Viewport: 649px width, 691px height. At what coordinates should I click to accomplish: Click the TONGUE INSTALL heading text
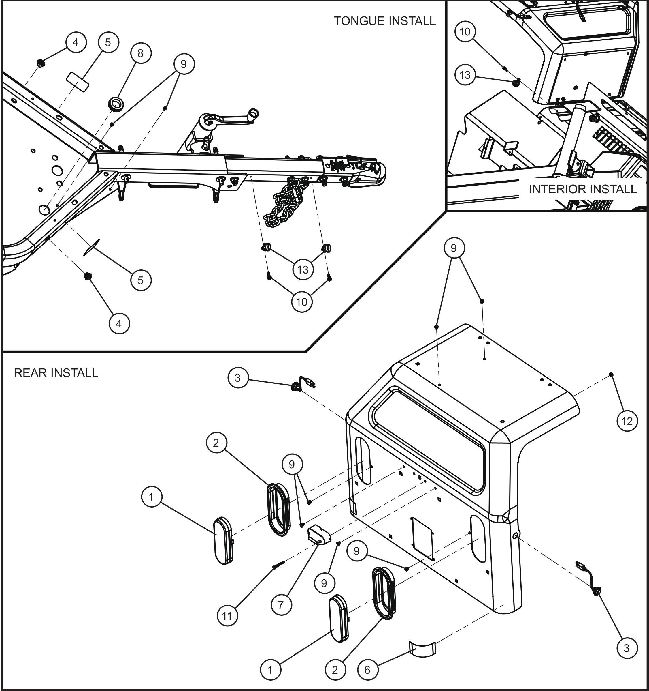[384, 21]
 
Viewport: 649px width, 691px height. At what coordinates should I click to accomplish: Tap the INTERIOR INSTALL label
[583, 189]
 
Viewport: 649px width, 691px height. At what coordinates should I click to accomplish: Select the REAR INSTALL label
[56, 373]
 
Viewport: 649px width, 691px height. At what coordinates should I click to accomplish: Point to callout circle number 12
[627, 421]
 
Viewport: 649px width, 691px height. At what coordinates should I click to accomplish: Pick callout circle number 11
[227, 616]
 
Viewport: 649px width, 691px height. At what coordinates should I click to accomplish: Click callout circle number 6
[367, 670]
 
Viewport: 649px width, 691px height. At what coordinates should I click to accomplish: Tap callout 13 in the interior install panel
[465, 75]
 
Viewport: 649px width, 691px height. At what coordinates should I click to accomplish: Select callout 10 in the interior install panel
[465, 32]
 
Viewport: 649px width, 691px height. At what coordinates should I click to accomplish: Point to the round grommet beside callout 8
[116, 103]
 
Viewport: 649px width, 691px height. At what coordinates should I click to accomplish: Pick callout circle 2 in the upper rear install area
[216, 443]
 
